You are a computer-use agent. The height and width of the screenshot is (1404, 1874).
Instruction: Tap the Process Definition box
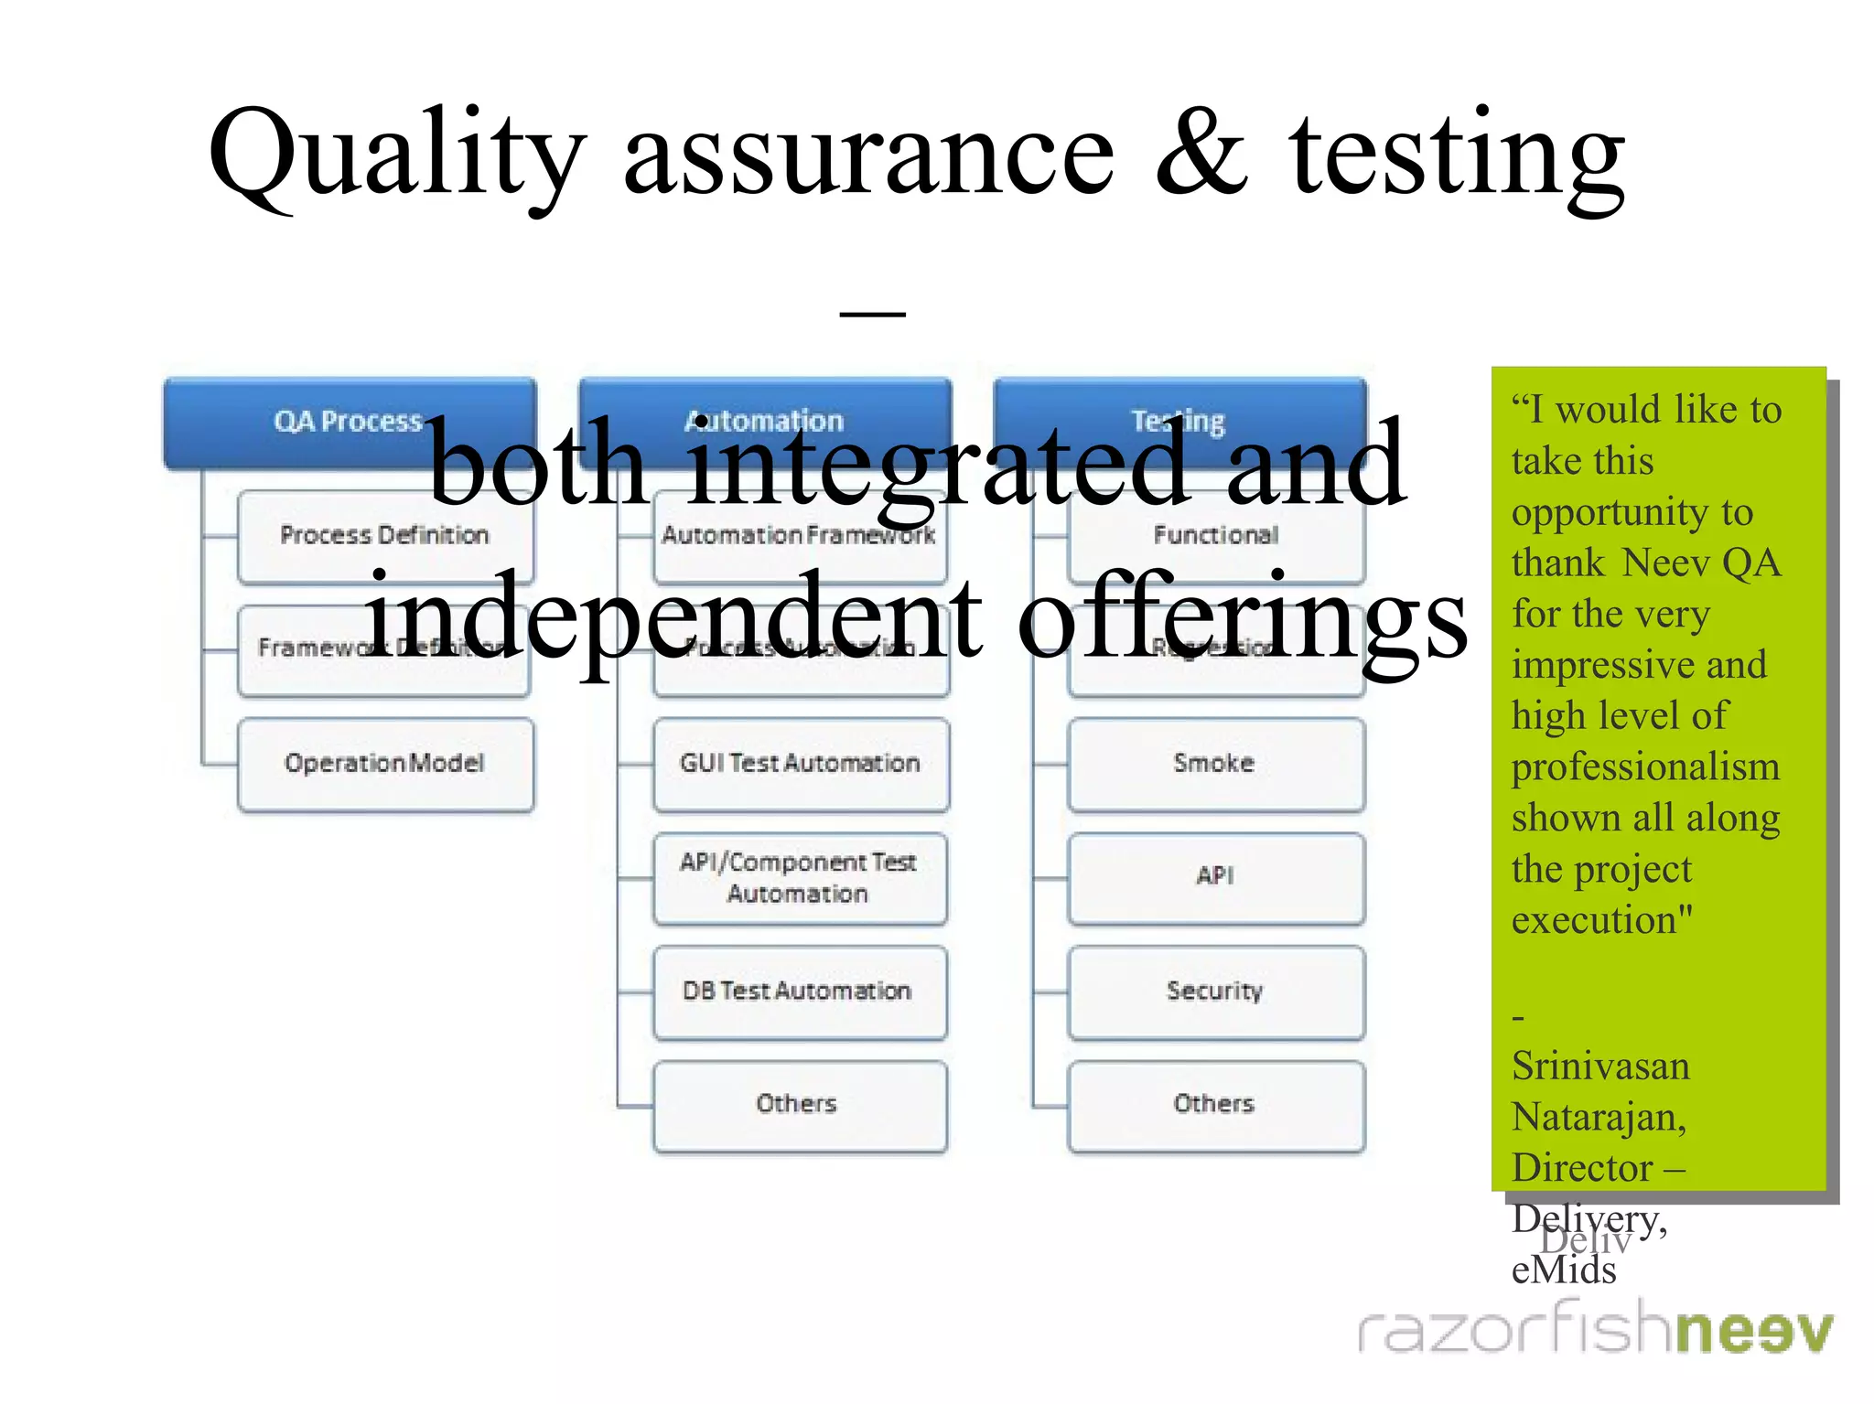pyautogui.click(x=384, y=537)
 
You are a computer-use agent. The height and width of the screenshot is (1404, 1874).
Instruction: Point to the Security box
pyautogui.click(x=1215, y=992)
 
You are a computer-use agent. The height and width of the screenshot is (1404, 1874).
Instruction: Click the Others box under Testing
pyautogui.click(x=1215, y=1105)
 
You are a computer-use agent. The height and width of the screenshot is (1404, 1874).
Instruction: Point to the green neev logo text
pyautogui.click(x=1755, y=1332)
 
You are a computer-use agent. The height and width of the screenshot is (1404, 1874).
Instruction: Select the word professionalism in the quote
pyautogui.click(x=1645, y=766)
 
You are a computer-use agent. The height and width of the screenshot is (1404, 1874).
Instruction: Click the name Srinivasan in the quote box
pyautogui.click(x=1600, y=1066)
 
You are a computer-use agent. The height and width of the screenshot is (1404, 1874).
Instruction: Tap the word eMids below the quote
pyautogui.click(x=1564, y=1270)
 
